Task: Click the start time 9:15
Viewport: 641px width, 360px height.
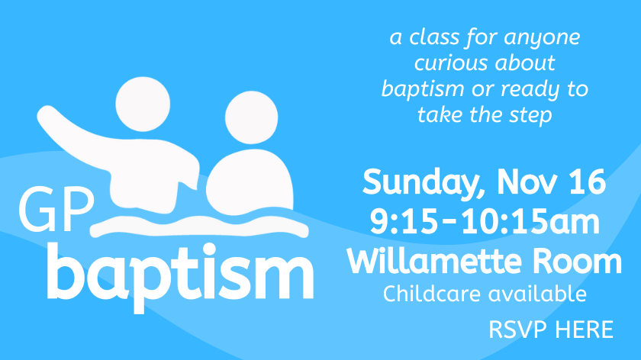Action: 404,221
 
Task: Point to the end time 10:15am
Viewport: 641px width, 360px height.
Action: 530,221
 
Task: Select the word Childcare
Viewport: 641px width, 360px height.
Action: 431,294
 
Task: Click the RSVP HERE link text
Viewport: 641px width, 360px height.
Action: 551,329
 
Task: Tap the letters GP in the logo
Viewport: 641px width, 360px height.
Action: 56,210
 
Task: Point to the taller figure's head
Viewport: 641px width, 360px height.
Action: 143,104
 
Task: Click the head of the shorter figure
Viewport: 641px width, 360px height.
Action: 251,117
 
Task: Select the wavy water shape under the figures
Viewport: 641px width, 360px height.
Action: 199,227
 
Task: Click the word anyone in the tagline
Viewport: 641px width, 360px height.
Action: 542,38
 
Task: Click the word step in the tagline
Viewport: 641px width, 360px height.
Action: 530,115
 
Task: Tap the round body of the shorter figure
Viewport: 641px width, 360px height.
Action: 250,182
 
